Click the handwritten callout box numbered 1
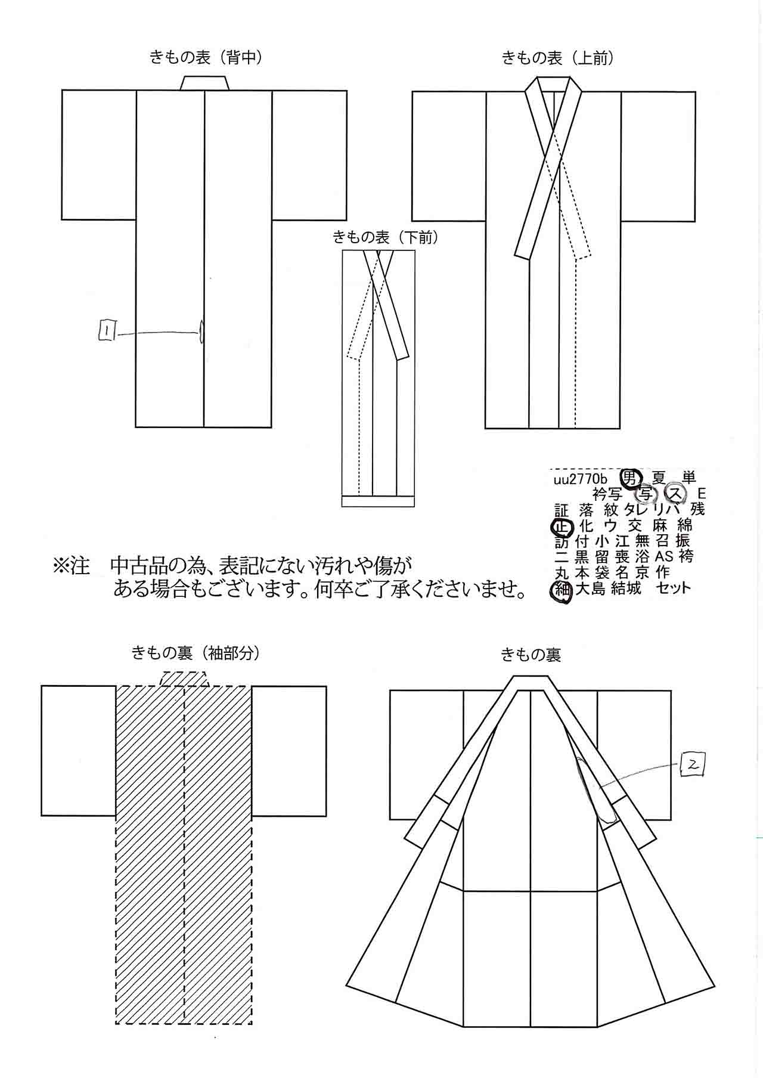(107, 331)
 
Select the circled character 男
(631, 478)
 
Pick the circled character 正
(562, 526)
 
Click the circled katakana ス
(674, 493)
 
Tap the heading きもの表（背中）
(206, 57)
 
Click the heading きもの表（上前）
(558, 58)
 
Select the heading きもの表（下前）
(385, 237)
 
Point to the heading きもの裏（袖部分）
(196, 653)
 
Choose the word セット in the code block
(674, 588)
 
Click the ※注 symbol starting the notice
(72, 565)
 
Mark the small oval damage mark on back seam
(201, 332)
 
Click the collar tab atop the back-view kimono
(204, 83)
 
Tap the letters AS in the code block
(664, 557)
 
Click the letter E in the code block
(702, 494)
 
